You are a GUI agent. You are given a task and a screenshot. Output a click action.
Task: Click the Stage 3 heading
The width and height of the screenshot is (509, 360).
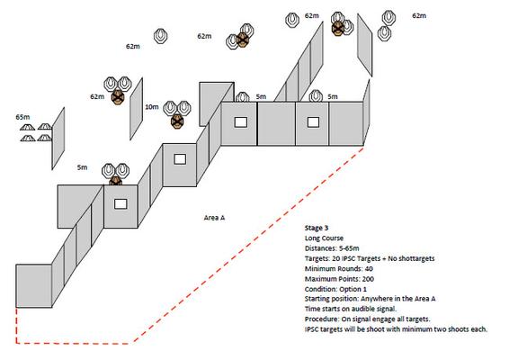317,228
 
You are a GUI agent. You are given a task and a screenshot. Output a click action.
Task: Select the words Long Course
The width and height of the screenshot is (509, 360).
324,238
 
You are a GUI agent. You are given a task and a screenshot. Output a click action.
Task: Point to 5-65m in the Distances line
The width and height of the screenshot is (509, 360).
349,248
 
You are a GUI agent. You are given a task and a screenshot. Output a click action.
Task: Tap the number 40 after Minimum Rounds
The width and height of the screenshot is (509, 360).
369,269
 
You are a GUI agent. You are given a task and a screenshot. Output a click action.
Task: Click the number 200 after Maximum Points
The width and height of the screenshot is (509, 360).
368,279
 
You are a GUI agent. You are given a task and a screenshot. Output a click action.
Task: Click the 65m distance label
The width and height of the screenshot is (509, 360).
22,117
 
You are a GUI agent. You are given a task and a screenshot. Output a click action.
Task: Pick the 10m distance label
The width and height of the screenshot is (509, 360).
152,106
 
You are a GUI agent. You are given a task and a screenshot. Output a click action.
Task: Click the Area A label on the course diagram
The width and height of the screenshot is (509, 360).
214,218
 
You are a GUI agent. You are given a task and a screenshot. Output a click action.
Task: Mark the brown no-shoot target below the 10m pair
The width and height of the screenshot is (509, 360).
177,121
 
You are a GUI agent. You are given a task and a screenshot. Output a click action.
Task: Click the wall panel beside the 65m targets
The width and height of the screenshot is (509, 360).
58,139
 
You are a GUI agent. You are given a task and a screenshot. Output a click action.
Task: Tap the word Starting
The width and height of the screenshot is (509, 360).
316,299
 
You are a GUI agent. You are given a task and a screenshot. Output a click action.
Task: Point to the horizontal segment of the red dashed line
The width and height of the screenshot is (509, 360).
75,343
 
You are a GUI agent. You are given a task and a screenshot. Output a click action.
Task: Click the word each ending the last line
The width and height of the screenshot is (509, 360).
479,329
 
